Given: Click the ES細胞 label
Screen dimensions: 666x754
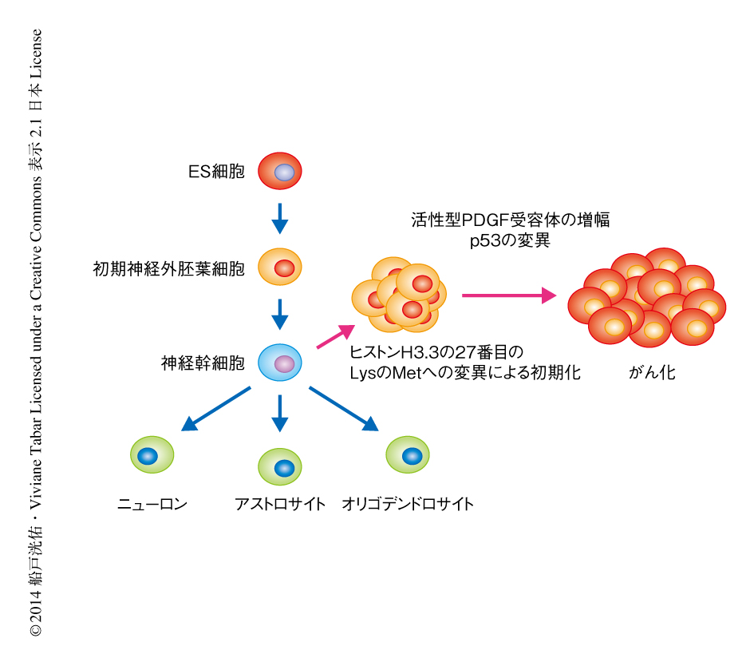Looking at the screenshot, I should (x=216, y=172).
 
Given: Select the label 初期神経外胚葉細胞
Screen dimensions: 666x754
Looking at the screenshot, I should (x=168, y=268).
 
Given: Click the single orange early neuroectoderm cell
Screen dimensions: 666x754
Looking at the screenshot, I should (x=280, y=268).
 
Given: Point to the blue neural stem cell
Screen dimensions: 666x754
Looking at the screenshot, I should (x=280, y=363).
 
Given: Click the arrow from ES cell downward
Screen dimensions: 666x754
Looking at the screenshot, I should (x=279, y=218).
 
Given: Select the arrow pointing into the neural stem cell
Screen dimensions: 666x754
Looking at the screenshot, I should (x=279, y=314).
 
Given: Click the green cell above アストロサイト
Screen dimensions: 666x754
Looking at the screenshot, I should (x=280, y=466).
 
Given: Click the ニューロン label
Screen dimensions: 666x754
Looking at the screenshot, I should (x=152, y=504).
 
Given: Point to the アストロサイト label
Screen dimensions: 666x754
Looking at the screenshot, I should (x=280, y=504).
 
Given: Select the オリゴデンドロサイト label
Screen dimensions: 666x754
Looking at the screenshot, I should (x=408, y=504).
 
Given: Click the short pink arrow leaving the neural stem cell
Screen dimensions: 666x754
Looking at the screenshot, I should (x=335, y=336).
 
